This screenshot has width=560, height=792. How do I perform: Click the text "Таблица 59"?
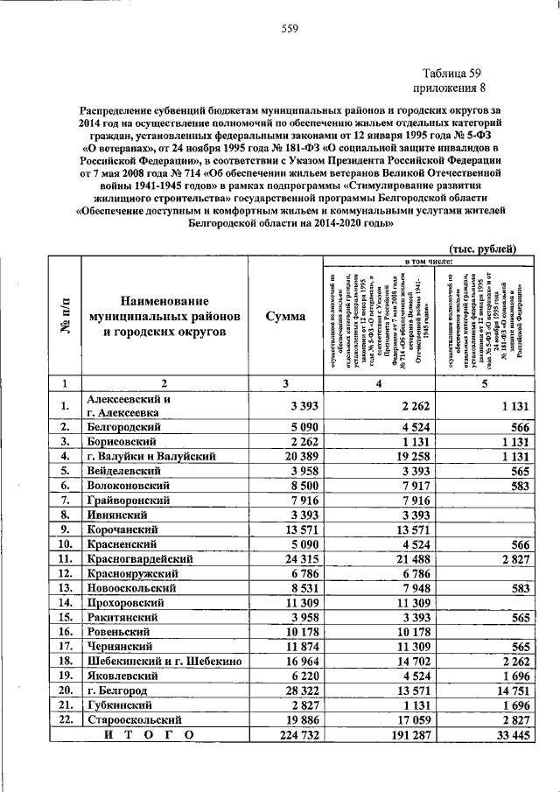coord(448,73)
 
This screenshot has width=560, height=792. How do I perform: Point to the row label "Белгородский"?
coord(123,426)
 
